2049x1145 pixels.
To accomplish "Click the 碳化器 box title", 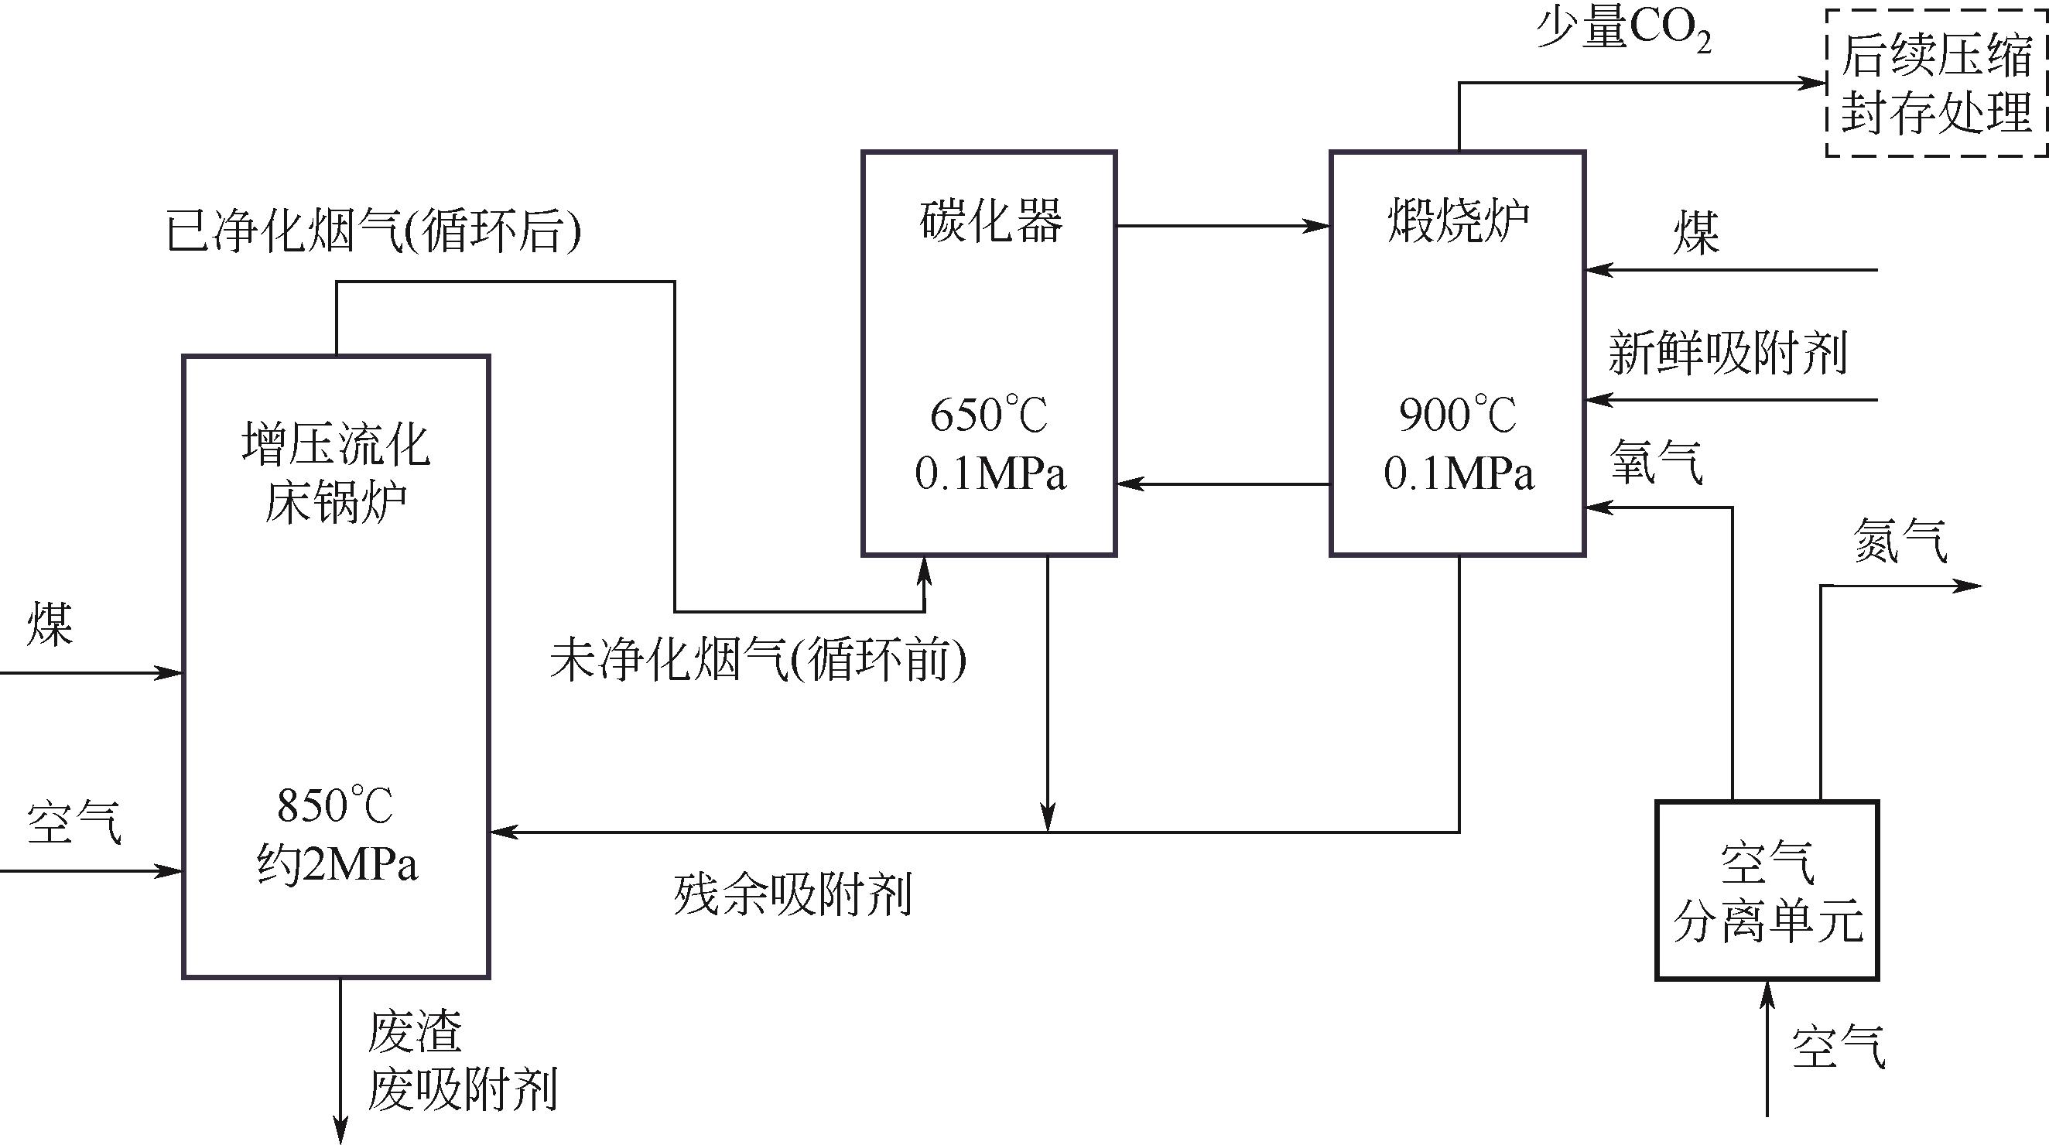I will [x=990, y=220].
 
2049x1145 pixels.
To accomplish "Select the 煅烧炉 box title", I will [x=1458, y=220].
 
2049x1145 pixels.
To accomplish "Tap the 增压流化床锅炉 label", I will [x=336, y=473].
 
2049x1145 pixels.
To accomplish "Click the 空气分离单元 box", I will [x=1767, y=890].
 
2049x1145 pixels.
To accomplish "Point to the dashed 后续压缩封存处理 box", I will [x=1936, y=83].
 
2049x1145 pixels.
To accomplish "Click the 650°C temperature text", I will [x=989, y=415].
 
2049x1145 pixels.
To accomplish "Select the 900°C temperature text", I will [x=1457, y=415].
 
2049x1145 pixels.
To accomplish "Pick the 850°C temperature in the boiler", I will [x=335, y=805].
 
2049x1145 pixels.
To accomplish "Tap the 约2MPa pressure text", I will [x=337, y=864].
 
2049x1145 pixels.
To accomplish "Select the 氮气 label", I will [x=1900, y=541].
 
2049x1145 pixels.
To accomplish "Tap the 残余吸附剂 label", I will [x=792, y=894].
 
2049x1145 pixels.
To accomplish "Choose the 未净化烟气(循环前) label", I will [x=758, y=659].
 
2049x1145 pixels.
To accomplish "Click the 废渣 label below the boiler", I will [x=415, y=1031].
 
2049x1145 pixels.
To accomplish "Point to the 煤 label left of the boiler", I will [x=50, y=624].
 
